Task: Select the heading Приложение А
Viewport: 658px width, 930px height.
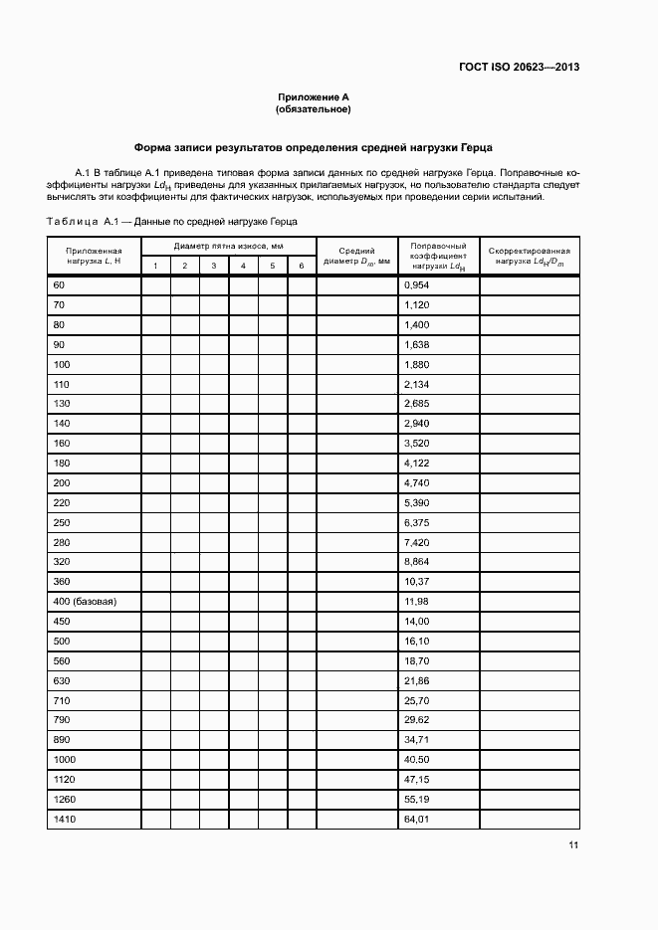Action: tap(314, 97)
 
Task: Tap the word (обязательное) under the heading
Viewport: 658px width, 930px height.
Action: tap(314, 109)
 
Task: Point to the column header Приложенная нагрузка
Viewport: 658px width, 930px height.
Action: tap(94, 256)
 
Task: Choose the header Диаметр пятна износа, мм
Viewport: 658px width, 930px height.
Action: tap(229, 246)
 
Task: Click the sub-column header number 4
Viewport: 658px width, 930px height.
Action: tap(243, 266)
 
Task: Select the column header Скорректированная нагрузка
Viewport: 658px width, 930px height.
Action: tap(529, 256)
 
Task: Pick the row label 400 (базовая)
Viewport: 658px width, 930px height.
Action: tap(85, 603)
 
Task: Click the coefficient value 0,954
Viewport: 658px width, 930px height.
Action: tap(417, 285)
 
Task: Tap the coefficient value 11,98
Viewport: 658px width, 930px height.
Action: tap(415, 603)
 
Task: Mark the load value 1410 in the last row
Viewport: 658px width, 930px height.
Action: tap(63, 820)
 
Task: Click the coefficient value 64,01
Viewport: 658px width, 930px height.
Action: tap(415, 820)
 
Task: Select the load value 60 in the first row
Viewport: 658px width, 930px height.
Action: tap(58, 285)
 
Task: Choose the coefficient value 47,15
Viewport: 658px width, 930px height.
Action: tap(415, 780)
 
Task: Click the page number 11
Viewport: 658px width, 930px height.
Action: tap(573, 845)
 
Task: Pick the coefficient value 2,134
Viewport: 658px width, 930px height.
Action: tap(417, 384)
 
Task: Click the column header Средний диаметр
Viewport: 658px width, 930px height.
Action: tap(356, 256)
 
